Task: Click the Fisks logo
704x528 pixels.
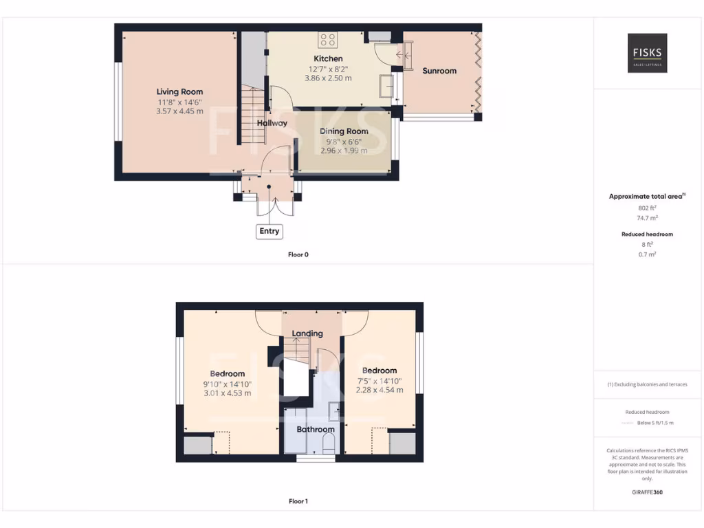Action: [x=647, y=54]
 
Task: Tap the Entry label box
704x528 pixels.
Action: [x=269, y=231]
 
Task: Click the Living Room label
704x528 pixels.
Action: [x=179, y=91]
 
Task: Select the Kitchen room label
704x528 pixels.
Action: [x=328, y=58]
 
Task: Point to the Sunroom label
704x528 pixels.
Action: [x=439, y=71]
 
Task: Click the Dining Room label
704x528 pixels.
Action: [x=344, y=131]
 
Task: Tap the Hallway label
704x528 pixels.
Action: [x=272, y=123]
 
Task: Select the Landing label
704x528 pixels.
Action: [x=307, y=333]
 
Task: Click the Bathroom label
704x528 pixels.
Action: [x=316, y=430]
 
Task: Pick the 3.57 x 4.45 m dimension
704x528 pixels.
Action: [x=179, y=111]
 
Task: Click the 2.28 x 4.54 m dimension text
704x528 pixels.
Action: [x=379, y=390]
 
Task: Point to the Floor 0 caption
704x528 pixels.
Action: [x=298, y=254]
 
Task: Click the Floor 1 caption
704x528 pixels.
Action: [x=298, y=501]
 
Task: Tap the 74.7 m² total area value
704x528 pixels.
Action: [x=647, y=217]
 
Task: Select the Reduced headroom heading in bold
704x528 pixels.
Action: [x=647, y=234]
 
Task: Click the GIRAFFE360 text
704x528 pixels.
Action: [x=647, y=492]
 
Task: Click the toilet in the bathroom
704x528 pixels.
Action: [x=329, y=443]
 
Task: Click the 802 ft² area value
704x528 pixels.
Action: [x=647, y=207]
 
